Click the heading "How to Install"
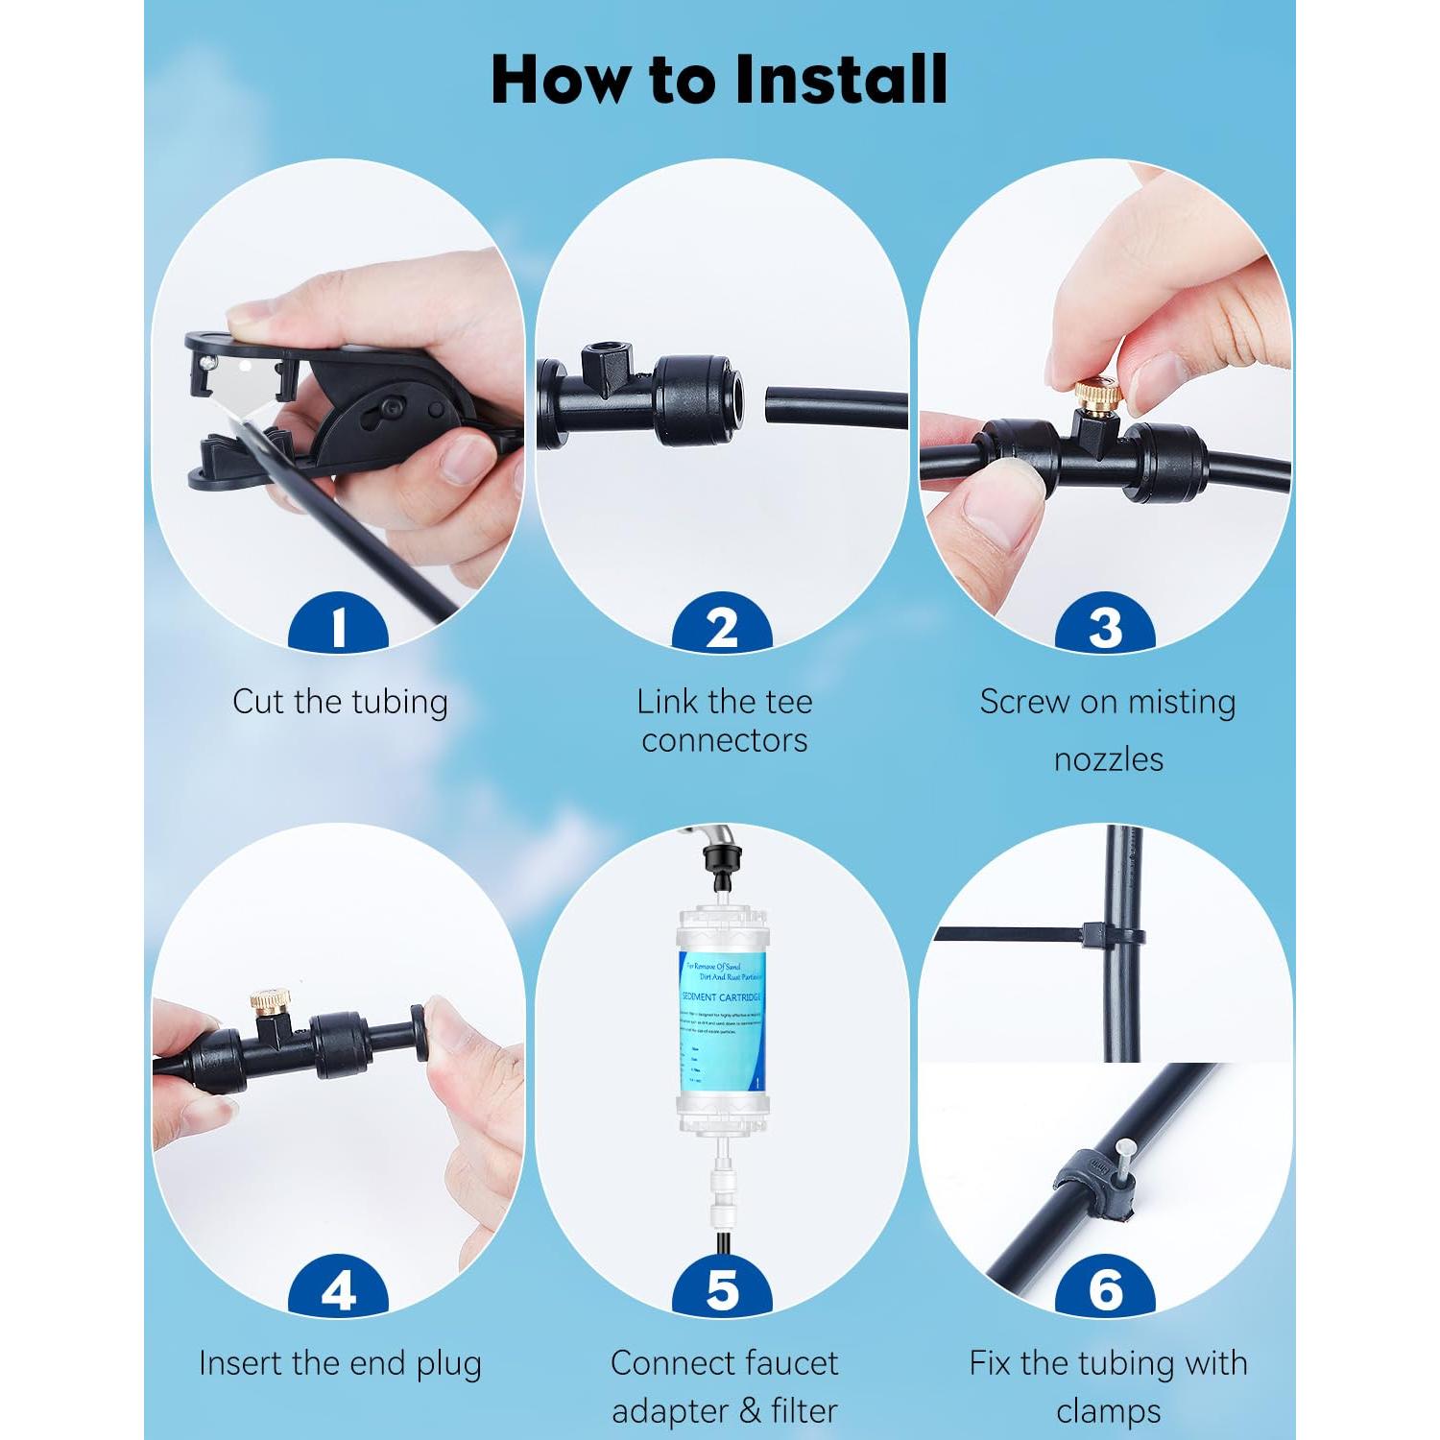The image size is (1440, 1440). [x=719, y=79]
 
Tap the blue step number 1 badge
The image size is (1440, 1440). [x=338, y=626]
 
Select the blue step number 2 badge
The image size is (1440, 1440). [x=722, y=626]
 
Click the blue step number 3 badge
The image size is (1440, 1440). [x=1105, y=626]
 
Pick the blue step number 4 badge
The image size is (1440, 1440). [x=338, y=1290]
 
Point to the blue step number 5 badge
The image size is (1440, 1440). [x=722, y=1290]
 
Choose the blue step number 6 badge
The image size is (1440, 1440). [x=1105, y=1290]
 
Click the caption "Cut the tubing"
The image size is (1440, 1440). [x=340, y=702]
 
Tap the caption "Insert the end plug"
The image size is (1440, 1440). [x=340, y=1363]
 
